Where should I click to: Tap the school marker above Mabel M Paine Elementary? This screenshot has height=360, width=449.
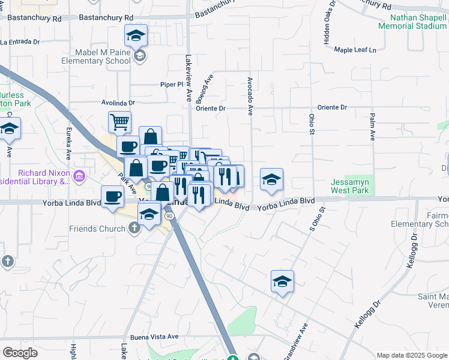tap(136, 37)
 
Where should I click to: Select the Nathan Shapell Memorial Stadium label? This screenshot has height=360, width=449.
tap(412, 22)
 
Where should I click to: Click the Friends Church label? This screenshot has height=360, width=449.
tap(97, 229)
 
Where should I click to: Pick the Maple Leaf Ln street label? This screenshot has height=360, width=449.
tap(358, 50)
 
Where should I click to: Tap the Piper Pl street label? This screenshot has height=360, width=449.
tap(171, 85)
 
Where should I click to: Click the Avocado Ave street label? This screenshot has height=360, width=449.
tap(250, 96)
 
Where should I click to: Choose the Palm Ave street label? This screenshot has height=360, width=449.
tap(373, 127)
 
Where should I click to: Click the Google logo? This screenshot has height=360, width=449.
tap(20, 353)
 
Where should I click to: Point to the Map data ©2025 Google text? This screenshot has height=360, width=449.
tap(411, 355)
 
